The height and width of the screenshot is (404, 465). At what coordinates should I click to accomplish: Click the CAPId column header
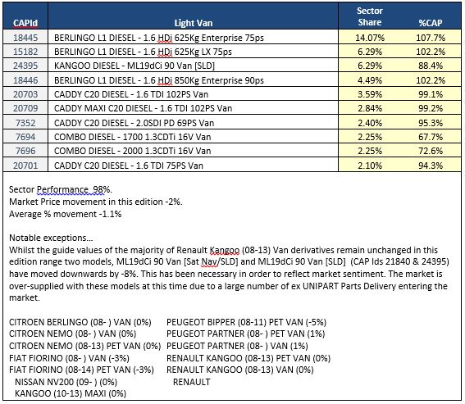coord(25,23)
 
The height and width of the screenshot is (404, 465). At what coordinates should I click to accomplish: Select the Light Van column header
coord(194,23)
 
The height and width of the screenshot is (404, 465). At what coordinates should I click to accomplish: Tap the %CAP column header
coord(431,23)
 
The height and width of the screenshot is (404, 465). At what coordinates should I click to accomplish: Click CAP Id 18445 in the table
coord(25,38)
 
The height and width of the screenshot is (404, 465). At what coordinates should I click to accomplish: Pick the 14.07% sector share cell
coord(370,38)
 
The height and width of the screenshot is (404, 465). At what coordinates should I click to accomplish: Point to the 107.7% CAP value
coord(431,38)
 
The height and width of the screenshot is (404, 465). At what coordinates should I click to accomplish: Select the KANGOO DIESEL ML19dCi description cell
coord(134,66)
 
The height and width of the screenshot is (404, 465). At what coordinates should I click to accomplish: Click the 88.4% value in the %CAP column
coord(431,66)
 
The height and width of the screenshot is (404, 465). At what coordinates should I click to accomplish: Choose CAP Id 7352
coord(25,123)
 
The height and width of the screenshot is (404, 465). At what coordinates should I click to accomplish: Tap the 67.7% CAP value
coord(431,137)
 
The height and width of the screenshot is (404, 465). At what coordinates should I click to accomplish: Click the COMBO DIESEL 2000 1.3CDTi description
coord(133,151)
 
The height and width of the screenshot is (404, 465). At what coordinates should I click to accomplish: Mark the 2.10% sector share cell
coord(370,166)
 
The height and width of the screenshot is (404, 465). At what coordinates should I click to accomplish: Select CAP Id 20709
coord(25,108)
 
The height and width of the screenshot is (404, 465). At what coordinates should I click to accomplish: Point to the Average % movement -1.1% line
coord(66,214)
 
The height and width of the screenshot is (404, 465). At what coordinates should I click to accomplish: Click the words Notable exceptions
coord(51,238)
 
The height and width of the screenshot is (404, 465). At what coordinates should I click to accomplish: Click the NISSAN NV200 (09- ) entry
coord(66,382)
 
